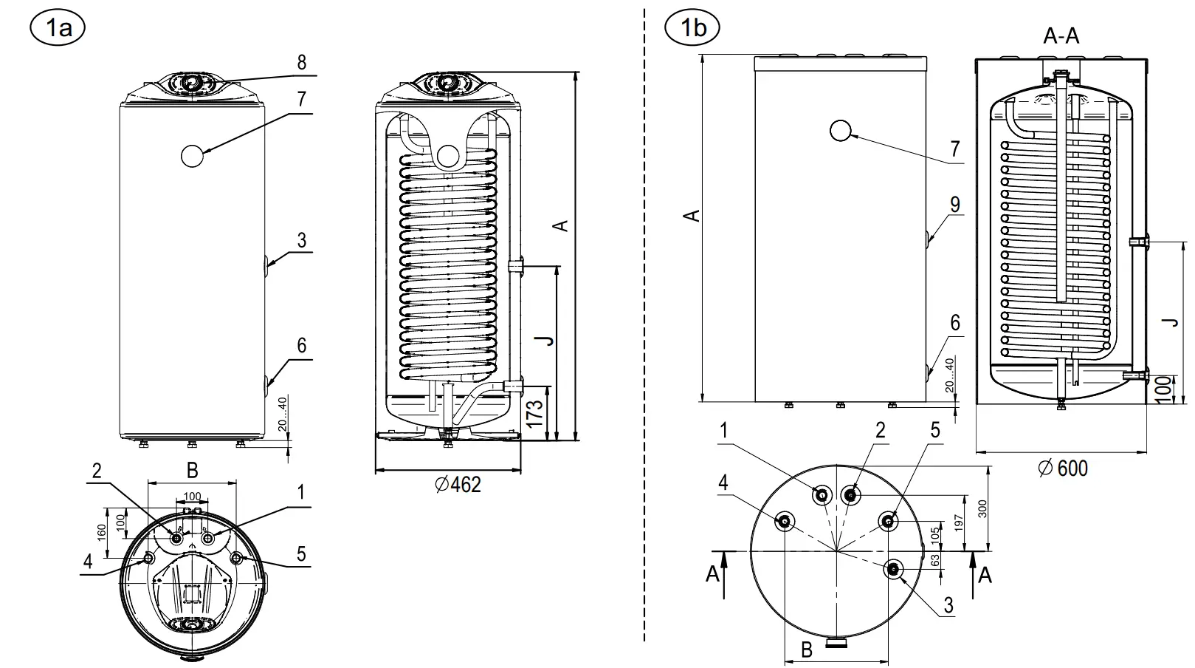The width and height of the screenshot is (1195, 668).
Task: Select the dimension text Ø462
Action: [x=458, y=485]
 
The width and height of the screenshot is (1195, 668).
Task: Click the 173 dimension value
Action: [x=536, y=412]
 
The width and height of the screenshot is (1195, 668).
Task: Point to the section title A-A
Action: [x=1061, y=36]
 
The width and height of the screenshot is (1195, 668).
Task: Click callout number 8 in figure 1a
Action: [x=301, y=63]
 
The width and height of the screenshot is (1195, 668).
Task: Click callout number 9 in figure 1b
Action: [x=955, y=205]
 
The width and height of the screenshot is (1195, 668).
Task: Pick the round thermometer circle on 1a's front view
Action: [x=192, y=155]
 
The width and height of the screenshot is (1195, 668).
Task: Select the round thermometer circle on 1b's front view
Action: [x=840, y=131]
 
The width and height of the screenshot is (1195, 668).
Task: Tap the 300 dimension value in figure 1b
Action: [x=982, y=508]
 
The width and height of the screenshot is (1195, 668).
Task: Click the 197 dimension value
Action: [x=959, y=522]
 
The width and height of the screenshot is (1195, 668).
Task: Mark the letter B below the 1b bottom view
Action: [x=807, y=650]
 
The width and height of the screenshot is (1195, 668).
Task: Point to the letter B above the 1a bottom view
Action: [x=192, y=470]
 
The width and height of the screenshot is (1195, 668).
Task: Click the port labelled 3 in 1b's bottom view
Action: [x=894, y=568]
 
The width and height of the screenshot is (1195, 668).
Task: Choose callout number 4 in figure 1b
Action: [x=723, y=483]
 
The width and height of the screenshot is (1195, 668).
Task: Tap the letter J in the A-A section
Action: [x=1169, y=321]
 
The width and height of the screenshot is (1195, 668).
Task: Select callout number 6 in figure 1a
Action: [x=301, y=345]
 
